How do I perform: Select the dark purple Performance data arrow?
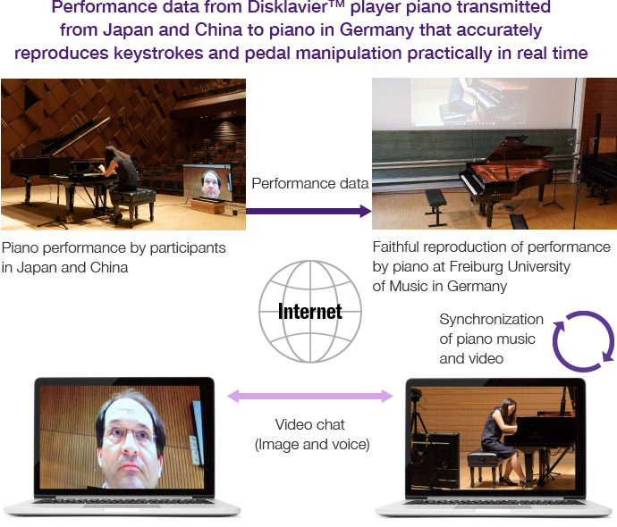pyautogui.click(x=308, y=211)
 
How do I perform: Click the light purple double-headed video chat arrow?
pyautogui.click(x=309, y=395)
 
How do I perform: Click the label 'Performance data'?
pyautogui.click(x=309, y=184)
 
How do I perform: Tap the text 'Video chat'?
pyautogui.click(x=309, y=423)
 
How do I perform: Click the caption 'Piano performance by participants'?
pyautogui.click(x=114, y=247)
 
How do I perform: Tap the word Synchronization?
pyautogui.click(x=491, y=319)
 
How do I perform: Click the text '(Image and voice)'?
pyautogui.click(x=309, y=444)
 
